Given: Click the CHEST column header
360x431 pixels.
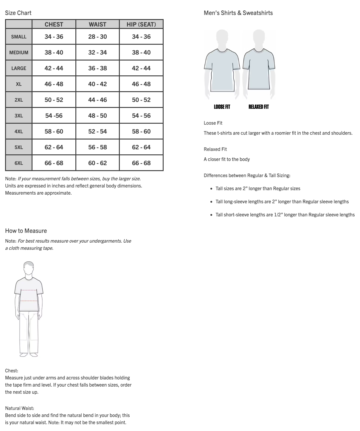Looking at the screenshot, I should point(54,24).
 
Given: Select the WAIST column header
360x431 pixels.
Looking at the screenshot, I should point(97,24).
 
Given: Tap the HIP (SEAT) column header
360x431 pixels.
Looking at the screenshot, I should point(141,24).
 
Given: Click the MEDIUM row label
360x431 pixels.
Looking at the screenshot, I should point(19,52).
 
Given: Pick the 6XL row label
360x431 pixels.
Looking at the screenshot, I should point(19,163).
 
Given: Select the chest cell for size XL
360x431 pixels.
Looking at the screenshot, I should point(54,84).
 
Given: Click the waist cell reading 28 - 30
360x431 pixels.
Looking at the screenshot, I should point(97,37).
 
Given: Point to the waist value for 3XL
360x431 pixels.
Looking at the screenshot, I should point(97,116).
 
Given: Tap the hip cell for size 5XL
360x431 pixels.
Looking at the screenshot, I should point(141,147).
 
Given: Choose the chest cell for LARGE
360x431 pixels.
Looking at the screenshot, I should point(54,68).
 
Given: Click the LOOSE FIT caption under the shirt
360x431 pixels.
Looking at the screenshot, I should point(222,107).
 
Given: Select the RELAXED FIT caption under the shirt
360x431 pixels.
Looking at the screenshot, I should point(259,107).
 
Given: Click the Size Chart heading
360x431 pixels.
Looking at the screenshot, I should point(18,13).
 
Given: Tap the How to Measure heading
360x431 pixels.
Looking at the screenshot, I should point(26,231).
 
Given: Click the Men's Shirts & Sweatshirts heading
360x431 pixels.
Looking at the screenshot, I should point(238,13).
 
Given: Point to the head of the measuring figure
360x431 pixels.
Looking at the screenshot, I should point(29,268).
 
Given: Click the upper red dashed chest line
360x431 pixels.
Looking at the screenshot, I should point(29,290).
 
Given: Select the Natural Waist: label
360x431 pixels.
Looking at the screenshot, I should point(20,408).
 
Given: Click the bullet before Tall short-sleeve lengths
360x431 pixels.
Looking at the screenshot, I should point(212,215).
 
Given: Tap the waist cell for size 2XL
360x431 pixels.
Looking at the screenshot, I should point(97,100).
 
